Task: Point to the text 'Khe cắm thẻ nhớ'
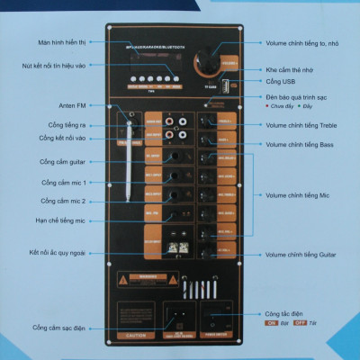(292, 69)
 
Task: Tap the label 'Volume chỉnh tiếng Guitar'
(304, 256)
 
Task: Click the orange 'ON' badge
(270, 321)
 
